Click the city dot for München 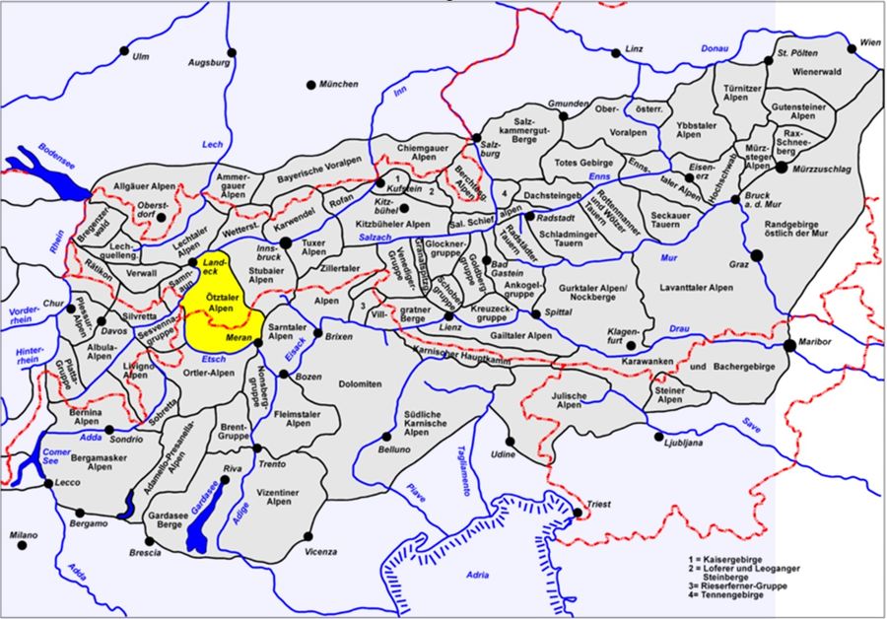[x=310, y=85]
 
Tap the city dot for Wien [x=854, y=44]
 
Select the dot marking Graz [x=756, y=255]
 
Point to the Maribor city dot [x=789, y=345]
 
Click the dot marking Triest [x=578, y=513]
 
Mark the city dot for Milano [x=22, y=544]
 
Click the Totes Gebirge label [x=584, y=163]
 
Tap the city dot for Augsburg [x=232, y=52]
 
